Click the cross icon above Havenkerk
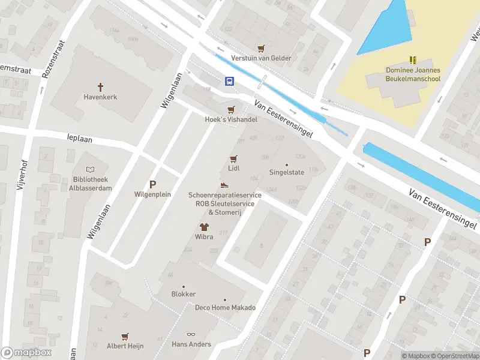coord(101,86)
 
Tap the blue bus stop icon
coord(229,81)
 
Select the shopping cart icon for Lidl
coord(233,159)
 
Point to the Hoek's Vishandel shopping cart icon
coord(231,110)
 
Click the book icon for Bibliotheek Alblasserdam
coord(90,171)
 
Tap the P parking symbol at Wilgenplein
coord(152,185)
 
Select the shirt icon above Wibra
coord(204,227)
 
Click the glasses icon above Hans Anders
coord(191,335)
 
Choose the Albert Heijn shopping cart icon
coord(125,337)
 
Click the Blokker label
coord(183,294)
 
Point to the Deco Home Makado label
coord(225,308)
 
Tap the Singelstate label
coord(286,172)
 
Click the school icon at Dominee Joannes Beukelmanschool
coord(412,60)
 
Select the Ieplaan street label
coord(80,138)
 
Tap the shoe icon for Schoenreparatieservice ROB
coord(224,185)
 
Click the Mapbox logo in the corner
coord(26,353)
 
